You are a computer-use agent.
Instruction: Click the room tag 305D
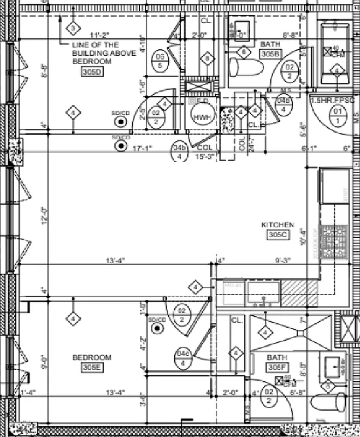coord(92,72)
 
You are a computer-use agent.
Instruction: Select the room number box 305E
coord(92,368)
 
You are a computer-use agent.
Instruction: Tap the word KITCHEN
coord(278,225)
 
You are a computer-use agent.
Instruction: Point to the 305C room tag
coord(278,235)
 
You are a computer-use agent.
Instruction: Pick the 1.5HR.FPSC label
coord(332,101)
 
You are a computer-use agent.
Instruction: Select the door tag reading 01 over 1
coord(339,116)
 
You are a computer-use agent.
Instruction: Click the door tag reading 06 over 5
coord(161,61)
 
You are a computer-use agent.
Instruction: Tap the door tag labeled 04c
coord(183,358)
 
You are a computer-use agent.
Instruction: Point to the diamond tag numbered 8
coord(207,59)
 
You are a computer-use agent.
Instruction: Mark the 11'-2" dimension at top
coord(101,36)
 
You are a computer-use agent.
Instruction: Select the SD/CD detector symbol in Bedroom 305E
coord(158,328)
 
